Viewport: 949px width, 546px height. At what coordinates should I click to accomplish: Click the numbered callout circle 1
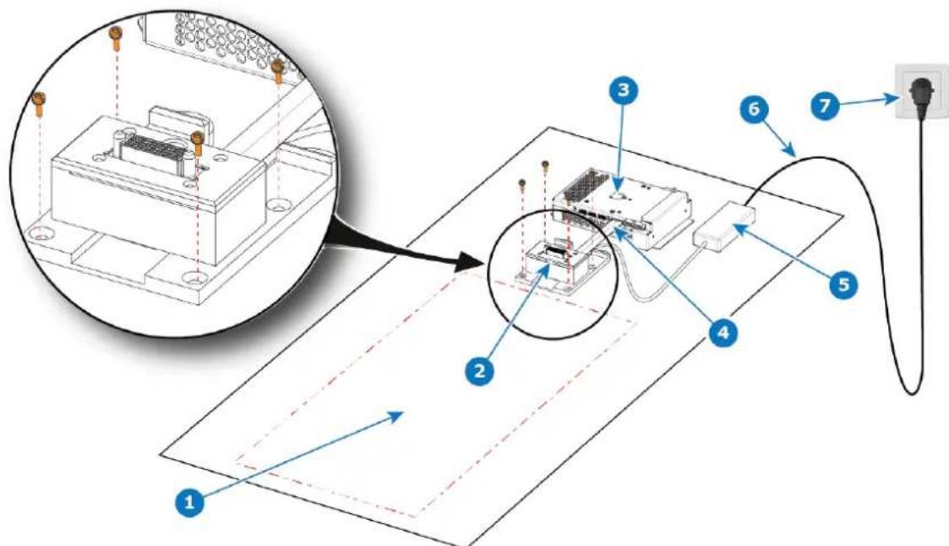click(x=190, y=503)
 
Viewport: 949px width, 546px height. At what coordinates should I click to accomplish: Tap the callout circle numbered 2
click(x=479, y=370)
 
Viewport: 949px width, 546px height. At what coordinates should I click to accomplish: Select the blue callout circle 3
click(x=623, y=90)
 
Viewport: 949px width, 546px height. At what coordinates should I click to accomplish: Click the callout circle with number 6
click(x=754, y=110)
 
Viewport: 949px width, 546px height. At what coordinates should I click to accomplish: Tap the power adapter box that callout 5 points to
click(x=724, y=227)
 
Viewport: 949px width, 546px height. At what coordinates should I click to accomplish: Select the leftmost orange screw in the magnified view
click(x=40, y=104)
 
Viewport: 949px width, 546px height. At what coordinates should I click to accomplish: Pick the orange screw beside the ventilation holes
click(x=278, y=70)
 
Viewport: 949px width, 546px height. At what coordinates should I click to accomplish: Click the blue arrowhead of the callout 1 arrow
click(x=397, y=416)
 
